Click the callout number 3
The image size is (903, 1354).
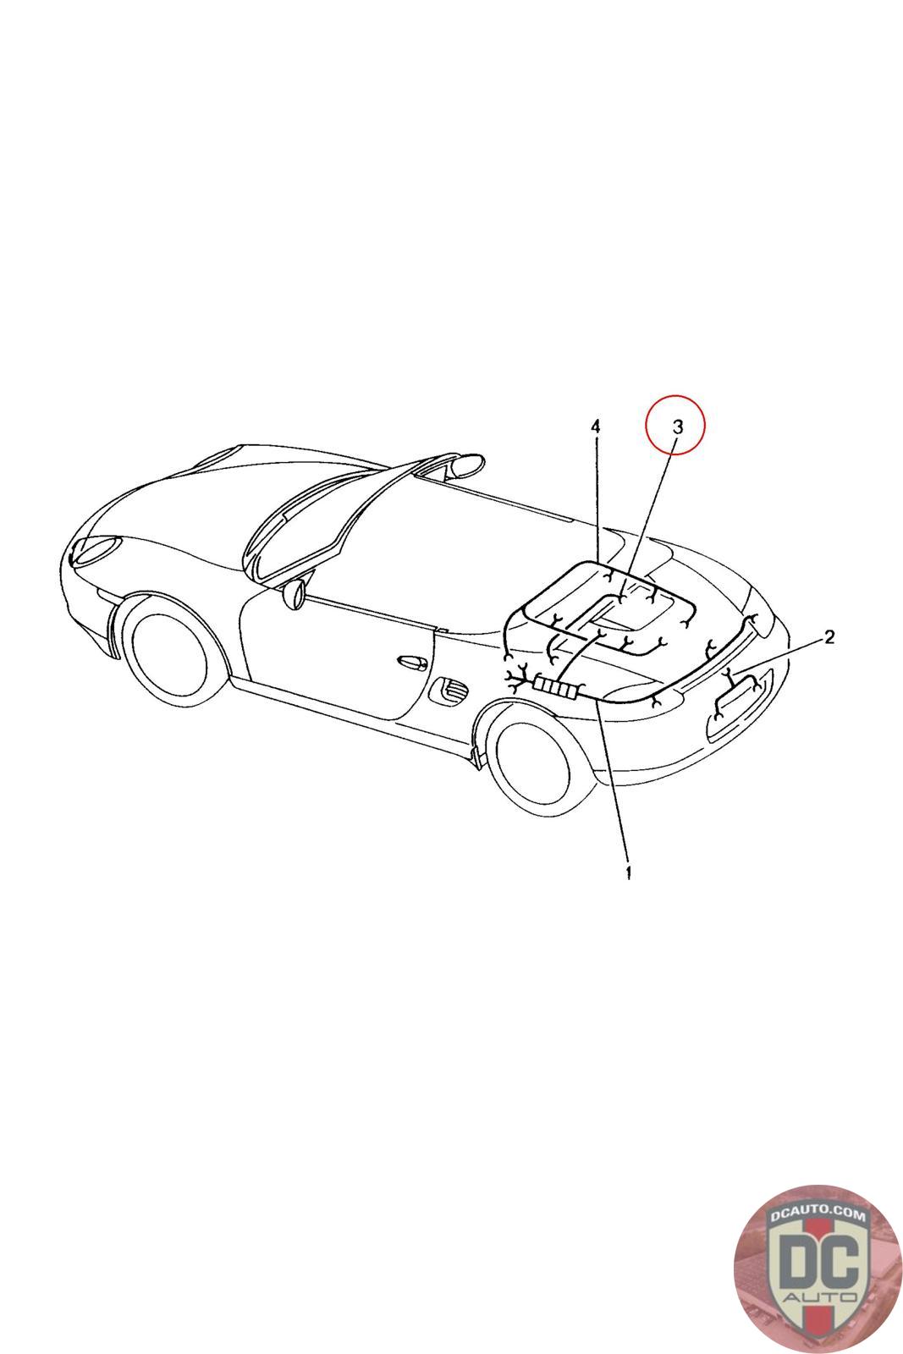(677, 427)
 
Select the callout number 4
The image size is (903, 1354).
(595, 427)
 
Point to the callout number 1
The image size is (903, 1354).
(629, 872)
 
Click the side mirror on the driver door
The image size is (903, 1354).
(295, 593)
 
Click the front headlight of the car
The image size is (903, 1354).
(96, 549)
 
